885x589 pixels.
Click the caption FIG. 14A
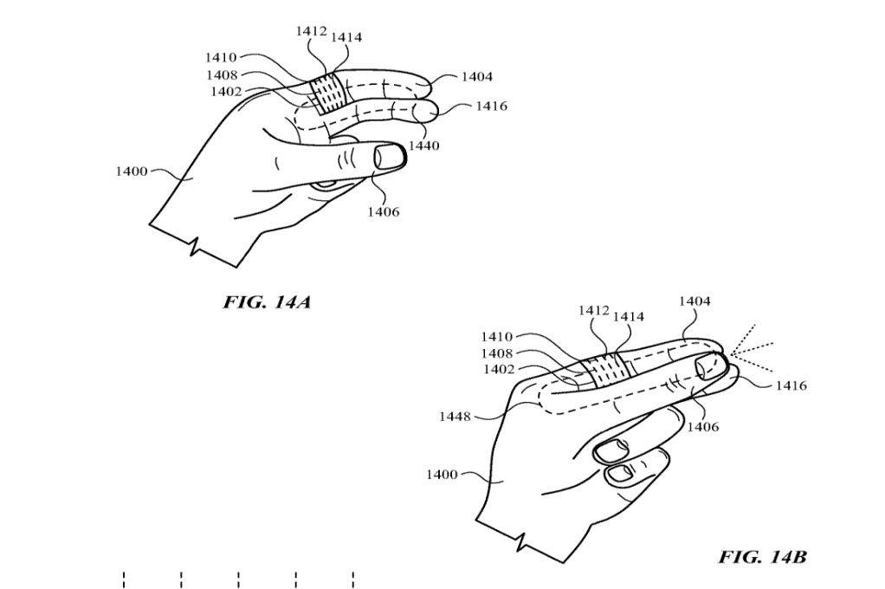pos(267,302)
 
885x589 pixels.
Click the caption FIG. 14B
pos(762,556)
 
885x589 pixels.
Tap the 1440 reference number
pos(423,146)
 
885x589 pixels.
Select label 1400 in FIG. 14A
pos(132,172)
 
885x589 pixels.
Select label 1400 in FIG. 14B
pos(442,475)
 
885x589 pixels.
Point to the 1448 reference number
pos(455,417)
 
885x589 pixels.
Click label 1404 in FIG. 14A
pos(476,77)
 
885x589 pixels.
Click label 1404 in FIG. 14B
pos(694,301)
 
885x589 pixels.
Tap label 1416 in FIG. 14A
pos(491,107)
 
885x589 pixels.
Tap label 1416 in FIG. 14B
pos(791,386)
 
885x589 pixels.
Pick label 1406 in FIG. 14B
pos(702,426)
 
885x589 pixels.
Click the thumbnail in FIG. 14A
pos(390,157)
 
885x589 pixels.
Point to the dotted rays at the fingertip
pos(748,349)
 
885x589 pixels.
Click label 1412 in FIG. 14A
pos(311,31)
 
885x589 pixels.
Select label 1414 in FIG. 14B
pos(629,317)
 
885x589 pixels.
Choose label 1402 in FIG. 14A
pos(227,92)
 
